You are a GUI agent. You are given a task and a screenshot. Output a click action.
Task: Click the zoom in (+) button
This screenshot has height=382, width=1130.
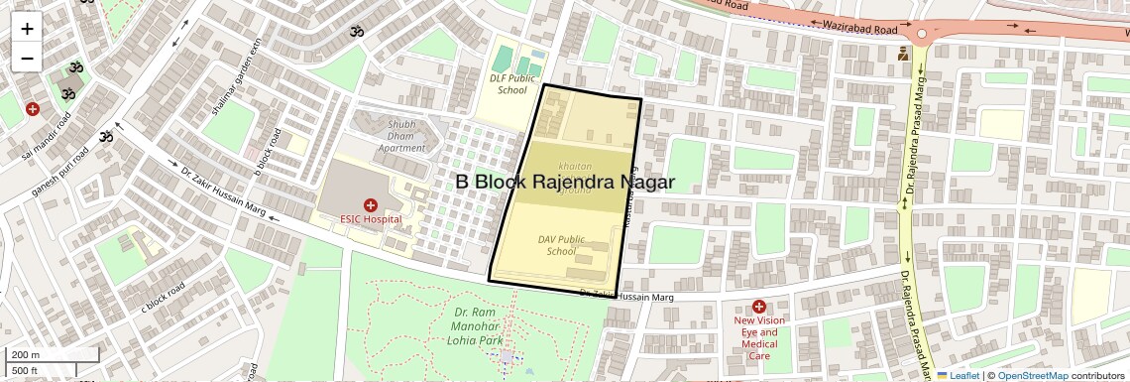tap(27, 29)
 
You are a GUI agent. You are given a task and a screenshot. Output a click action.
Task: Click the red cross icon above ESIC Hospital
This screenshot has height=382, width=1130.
tap(370, 203)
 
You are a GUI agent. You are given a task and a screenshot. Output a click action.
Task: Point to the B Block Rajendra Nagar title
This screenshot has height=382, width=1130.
tap(565, 183)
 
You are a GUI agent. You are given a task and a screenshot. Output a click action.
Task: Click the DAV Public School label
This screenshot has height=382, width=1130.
tap(561, 245)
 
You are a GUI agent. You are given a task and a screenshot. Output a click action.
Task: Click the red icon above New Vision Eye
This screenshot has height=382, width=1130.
tap(758, 307)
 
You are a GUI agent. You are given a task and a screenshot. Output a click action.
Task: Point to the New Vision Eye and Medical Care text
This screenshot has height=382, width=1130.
tap(759, 338)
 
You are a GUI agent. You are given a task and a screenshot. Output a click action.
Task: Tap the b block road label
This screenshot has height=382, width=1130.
tap(269, 152)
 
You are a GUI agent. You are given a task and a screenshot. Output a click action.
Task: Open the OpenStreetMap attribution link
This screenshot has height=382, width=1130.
tap(1032, 375)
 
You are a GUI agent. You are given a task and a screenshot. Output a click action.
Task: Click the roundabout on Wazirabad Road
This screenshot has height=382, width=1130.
tap(922, 34)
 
